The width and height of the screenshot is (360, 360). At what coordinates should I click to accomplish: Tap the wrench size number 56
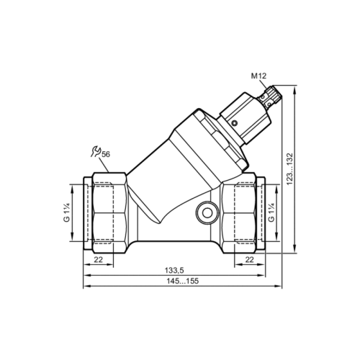[x=106, y=154]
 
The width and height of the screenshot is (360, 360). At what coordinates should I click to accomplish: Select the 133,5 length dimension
[x=180, y=270]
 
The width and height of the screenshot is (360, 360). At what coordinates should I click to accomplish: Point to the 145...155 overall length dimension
[x=180, y=282]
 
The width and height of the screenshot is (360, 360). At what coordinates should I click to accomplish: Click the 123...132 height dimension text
[x=290, y=169]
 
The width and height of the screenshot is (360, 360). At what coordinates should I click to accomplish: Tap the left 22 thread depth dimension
[x=99, y=259]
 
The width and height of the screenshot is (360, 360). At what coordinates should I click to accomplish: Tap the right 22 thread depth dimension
[x=249, y=259]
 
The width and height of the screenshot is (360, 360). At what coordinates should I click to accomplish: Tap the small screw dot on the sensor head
[x=236, y=124]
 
